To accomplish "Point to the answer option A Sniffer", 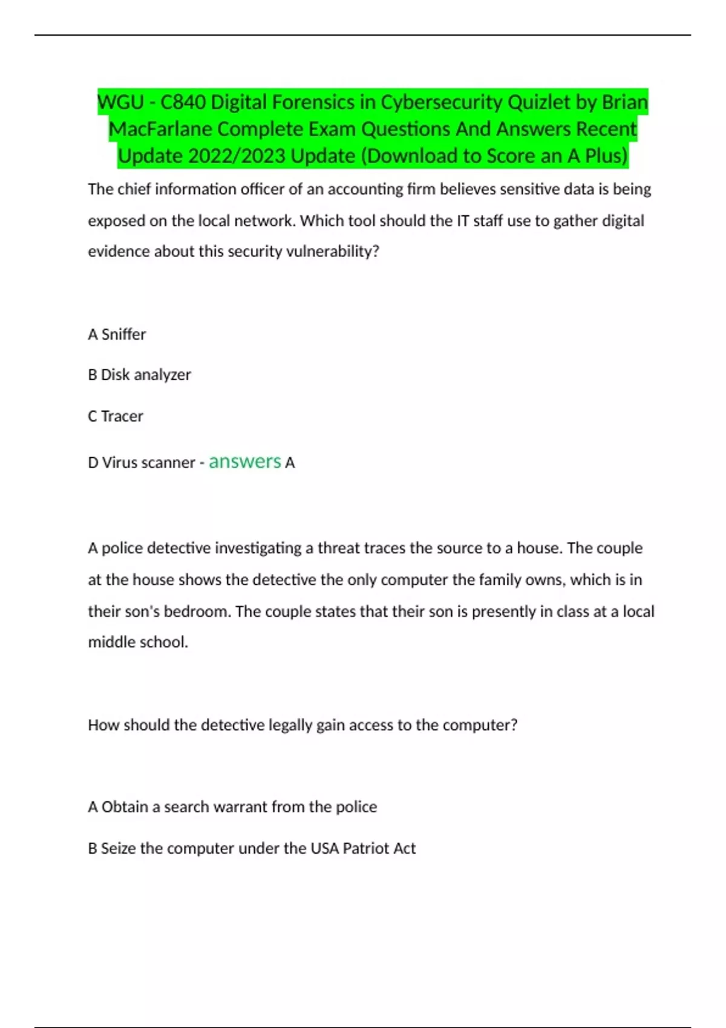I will (117, 334).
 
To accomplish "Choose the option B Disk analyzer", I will (139, 375).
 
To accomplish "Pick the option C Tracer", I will (116, 416).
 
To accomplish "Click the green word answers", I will (244, 462).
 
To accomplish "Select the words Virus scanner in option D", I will (148, 463).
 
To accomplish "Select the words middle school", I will (138, 642).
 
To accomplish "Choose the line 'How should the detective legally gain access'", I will (302, 725).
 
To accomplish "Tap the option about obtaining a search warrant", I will (232, 807).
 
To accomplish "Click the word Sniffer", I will (123, 334).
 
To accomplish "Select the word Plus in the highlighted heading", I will (604, 156).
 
